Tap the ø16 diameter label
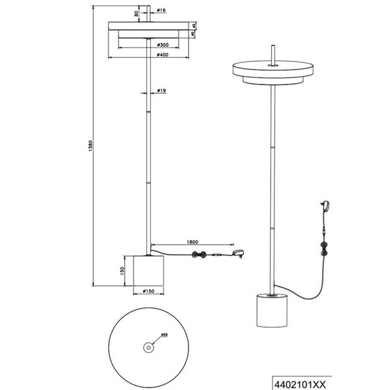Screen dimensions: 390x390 pyautogui.click(x=162, y=11)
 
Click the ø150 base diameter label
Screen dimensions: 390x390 pyautogui.click(x=148, y=291)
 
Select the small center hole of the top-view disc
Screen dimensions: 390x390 pyautogui.click(x=149, y=348)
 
